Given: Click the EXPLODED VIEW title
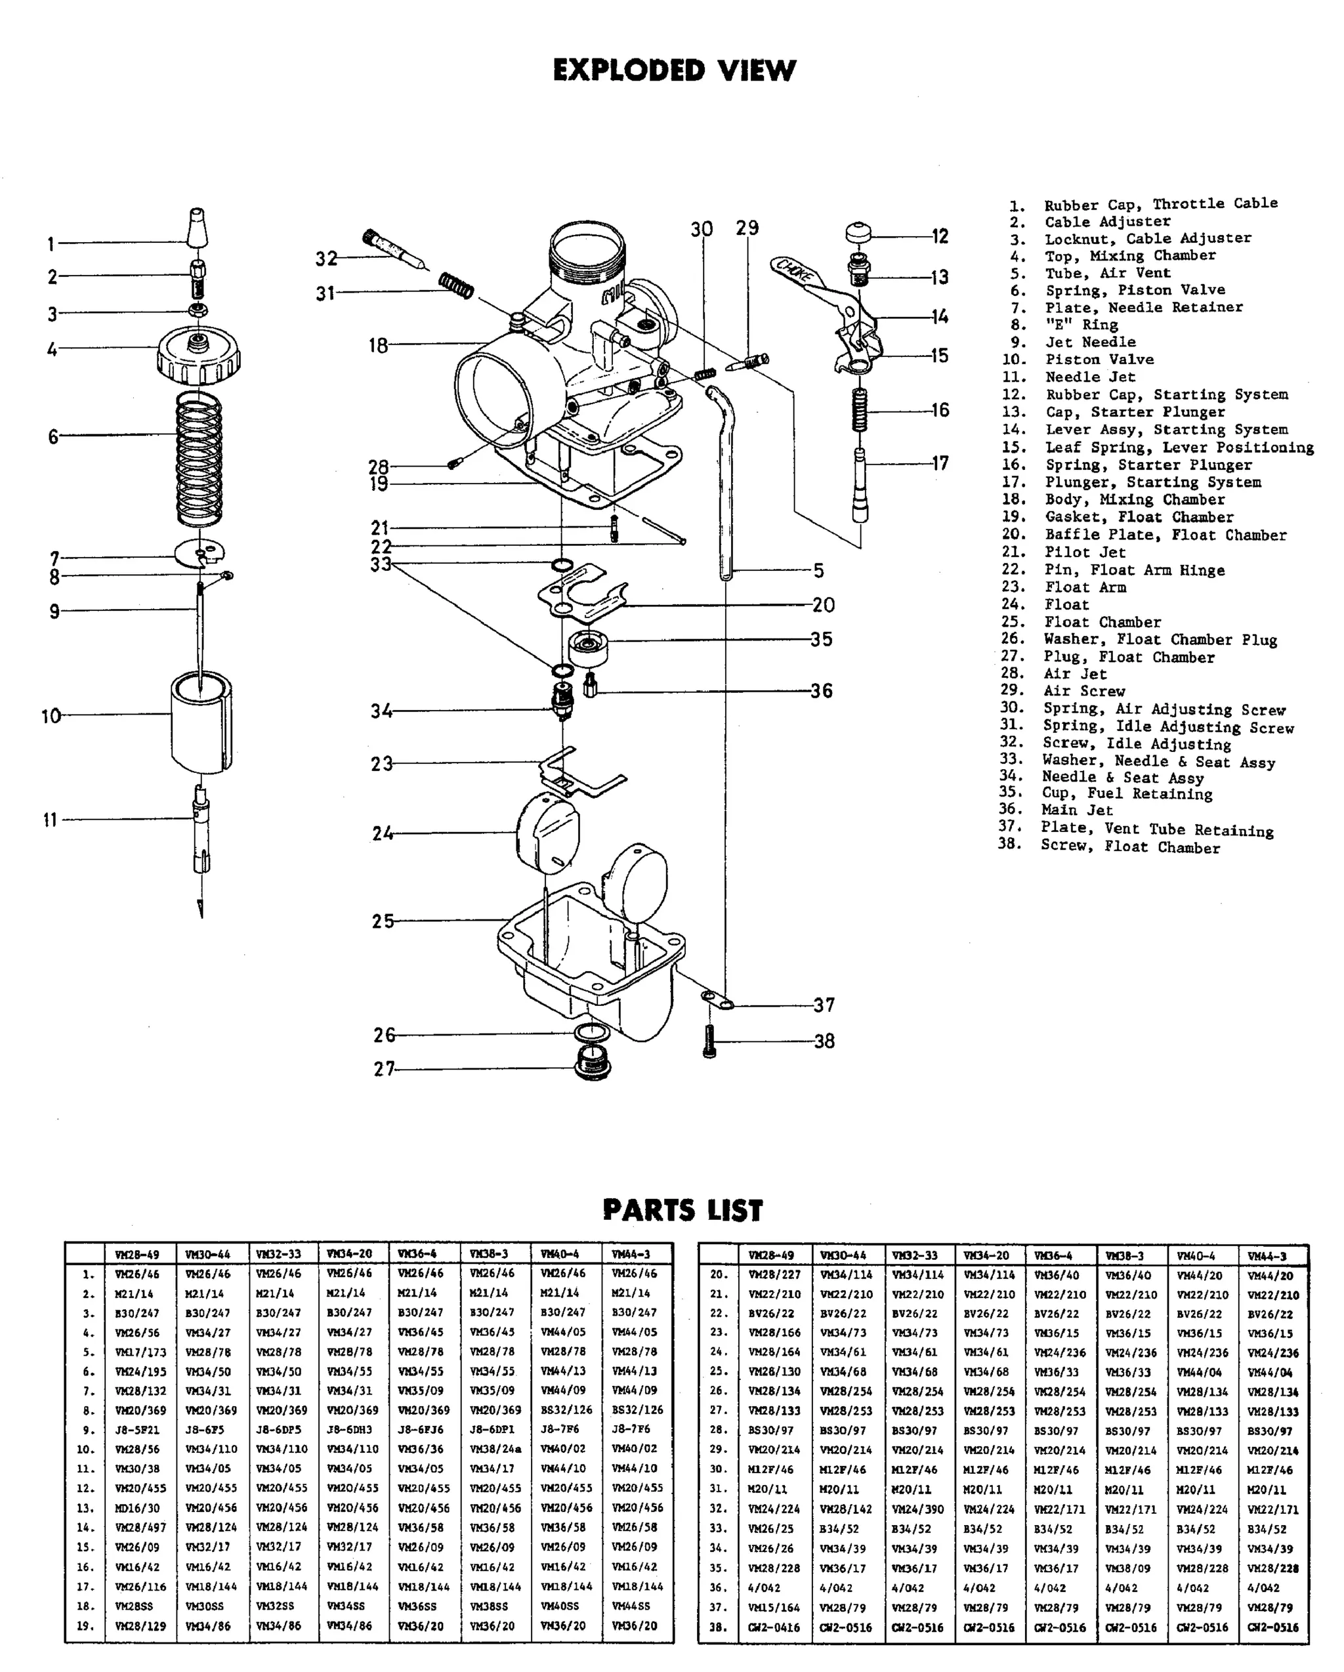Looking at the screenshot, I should coord(674,71).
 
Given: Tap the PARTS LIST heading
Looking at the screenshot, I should coord(682,1211).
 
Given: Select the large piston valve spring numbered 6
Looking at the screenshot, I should coord(199,457).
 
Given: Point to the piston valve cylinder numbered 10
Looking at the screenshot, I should coord(201,721).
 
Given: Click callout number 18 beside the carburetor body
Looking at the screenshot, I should coord(378,345).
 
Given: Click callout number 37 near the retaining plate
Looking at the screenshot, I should coord(824,1005).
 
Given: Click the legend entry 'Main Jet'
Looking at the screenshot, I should coord(1076,810).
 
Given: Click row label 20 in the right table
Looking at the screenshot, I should coord(718,1274).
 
